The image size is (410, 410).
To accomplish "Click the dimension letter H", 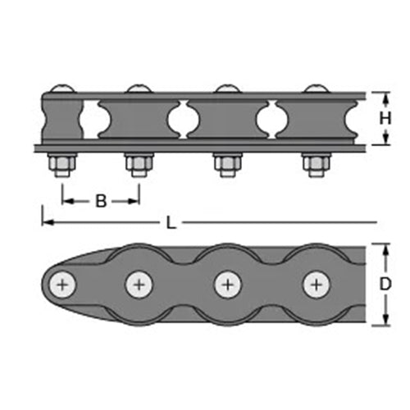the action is [385, 119].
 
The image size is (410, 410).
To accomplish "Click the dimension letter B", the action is [101, 201].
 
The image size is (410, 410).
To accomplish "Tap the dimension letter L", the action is [171, 223].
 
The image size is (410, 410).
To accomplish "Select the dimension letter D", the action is [385, 285].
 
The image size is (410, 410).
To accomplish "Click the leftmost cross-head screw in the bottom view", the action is [62, 285].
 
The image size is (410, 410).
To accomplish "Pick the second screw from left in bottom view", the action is [139, 285].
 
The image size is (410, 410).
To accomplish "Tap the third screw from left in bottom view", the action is [228, 285].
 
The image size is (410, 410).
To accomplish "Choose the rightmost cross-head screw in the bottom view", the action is [317, 285].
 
